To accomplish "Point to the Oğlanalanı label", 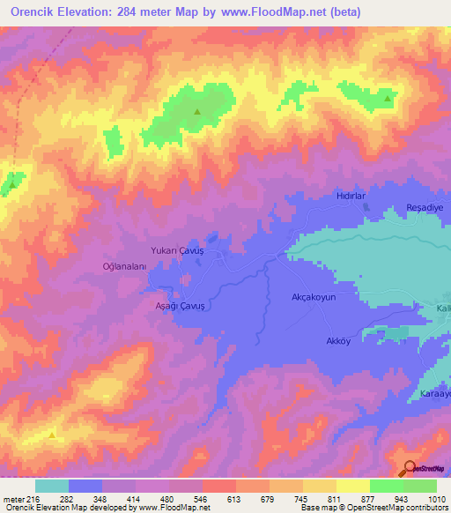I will (x=126, y=265).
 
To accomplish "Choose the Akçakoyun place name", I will (x=314, y=298).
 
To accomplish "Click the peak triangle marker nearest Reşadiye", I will (x=388, y=98).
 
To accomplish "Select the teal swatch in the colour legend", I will (x=52, y=486).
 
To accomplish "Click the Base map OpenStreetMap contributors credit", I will (x=373, y=508).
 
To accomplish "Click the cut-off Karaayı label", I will (x=434, y=393).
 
